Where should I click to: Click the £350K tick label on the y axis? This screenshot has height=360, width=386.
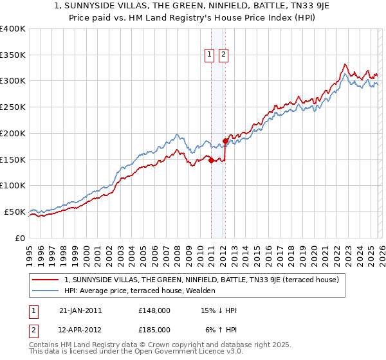13,55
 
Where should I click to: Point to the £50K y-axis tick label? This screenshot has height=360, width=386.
15,212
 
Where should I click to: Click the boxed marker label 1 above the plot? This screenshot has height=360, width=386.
210,55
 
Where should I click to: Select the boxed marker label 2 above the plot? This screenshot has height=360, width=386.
223,55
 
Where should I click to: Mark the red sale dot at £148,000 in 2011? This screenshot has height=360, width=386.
211,161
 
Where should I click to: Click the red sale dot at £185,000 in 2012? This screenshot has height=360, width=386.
225,141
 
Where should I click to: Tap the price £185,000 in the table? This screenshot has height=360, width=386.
154,329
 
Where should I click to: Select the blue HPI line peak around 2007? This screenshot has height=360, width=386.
176,135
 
